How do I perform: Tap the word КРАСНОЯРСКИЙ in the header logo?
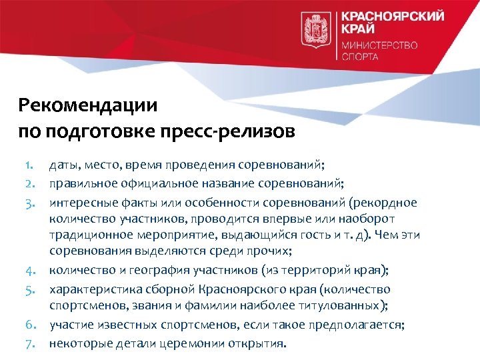click(x=392, y=16)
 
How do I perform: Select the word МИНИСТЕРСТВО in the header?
click(x=379, y=45)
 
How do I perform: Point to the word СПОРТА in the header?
click(x=360, y=57)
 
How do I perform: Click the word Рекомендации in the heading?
click(x=88, y=105)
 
